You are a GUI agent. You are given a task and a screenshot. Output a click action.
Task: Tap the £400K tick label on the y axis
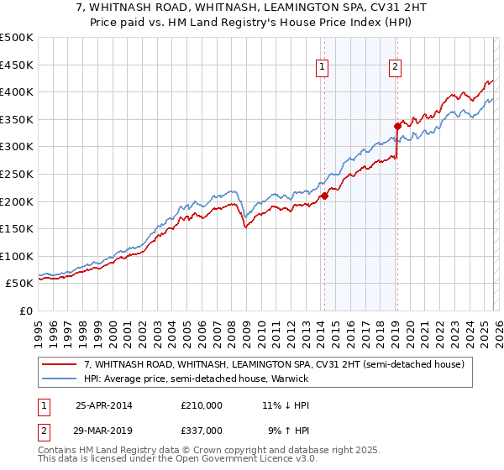[x=17, y=91]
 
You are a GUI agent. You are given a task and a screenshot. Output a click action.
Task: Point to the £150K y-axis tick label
[x=17, y=228]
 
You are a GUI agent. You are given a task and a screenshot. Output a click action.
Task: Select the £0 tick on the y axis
[x=25, y=311]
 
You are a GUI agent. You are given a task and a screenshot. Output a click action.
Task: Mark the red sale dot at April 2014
[x=324, y=196]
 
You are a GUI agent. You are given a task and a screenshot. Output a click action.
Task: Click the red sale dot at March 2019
[x=396, y=127]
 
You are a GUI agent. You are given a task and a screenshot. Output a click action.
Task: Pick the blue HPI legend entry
[x=196, y=379]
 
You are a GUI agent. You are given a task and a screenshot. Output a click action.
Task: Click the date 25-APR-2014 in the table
[x=103, y=405]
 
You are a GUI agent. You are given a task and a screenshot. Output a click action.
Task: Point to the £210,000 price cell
[x=201, y=405]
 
